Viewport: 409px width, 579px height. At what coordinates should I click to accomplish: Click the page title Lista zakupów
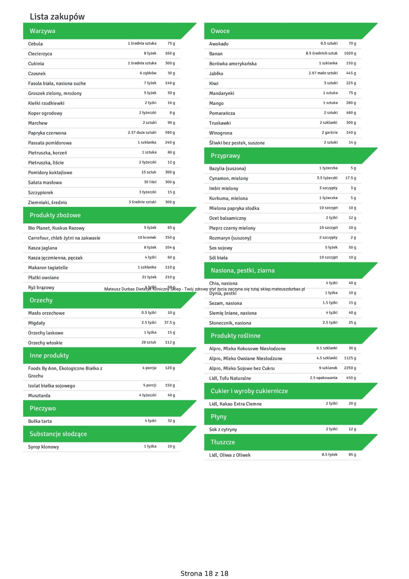coord(57,17)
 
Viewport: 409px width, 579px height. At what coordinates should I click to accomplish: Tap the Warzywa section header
coord(42,31)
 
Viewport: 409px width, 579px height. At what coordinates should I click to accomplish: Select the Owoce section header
coord(220,31)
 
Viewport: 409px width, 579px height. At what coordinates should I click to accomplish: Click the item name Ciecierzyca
coord(40,54)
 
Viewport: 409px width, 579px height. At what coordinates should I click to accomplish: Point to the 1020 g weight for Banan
coord(350,53)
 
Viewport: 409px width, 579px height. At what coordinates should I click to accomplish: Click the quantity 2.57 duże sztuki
coord(142,133)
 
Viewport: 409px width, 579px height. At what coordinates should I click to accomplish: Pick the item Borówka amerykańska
coord(233,64)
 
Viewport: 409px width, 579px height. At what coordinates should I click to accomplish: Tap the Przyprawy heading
coord(225,156)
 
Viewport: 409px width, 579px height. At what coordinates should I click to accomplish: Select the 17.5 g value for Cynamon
coord(350,178)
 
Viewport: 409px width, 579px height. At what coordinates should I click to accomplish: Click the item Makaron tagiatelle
coord(48,268)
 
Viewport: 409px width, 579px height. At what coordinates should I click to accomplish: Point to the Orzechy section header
coord(41,300)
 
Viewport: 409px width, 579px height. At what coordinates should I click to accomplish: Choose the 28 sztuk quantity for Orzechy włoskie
coord(149,343)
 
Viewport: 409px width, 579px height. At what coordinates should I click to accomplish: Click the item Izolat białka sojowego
coord(51,386)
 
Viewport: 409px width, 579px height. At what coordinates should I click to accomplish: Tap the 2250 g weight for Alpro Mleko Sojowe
coord(350,368)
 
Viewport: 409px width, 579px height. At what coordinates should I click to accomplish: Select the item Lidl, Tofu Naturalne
coord(230,378)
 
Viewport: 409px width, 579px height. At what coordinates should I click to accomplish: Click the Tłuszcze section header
coord(223,442)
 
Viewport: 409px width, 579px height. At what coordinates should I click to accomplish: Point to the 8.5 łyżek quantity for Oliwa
coord(329,455)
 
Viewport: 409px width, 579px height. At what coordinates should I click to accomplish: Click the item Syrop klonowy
coord(43,447)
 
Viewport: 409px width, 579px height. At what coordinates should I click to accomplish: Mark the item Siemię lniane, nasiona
coord(233,313)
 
